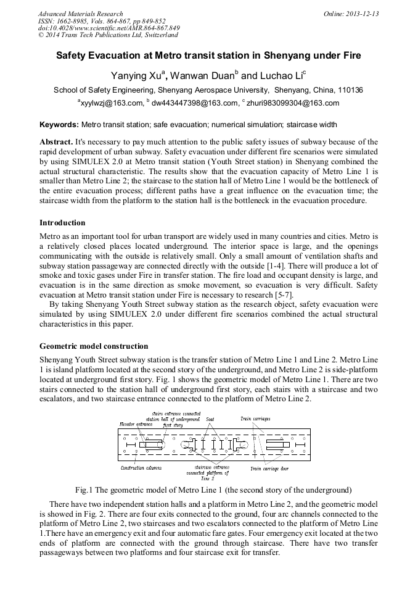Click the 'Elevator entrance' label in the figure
tap(135, 424)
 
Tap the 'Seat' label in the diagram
tap(210, 419)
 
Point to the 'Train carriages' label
tap(255, 419)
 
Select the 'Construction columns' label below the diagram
tap(141, 468)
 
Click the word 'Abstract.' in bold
tap(56, 141)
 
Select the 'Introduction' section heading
tap(62, 223)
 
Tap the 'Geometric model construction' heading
tap(94, 346)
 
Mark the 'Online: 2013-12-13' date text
tap(351, 14)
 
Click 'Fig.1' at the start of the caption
tap(84, 490)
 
